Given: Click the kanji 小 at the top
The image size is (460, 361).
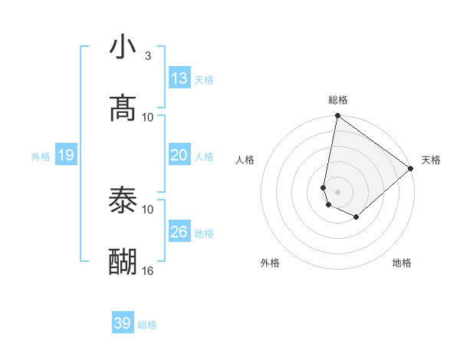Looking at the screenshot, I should click(123, 48).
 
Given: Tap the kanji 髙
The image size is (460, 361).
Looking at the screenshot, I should click(123, 108).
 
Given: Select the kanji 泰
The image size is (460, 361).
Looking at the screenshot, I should click(123, 200).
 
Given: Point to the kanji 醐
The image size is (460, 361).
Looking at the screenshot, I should click(123, 262).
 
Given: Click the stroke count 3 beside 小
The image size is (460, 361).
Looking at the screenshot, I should click(147, 56).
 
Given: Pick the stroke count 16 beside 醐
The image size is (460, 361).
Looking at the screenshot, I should click(148, 270).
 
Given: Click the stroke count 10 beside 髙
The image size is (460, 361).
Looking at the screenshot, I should click(148, 117).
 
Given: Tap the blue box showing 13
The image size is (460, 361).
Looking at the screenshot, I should click(179, 78).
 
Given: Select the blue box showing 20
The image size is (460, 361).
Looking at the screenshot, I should click(179, 155).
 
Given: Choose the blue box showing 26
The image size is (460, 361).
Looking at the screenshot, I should click(179, 232).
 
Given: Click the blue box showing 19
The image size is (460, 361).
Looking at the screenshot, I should click(66, 156).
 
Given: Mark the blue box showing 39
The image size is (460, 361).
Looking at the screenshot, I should click(123, 323).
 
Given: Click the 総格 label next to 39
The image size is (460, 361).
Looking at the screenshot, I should click(147, 325).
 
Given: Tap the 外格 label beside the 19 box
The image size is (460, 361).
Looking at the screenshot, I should click(41, 157).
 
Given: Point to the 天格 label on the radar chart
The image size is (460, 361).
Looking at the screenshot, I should click(431, 161).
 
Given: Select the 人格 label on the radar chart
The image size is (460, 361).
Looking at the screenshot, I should click(245, 161).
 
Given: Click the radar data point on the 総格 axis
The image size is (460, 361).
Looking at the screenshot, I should click(337, 117).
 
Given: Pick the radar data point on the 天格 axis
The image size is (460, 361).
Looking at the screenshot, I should click(411, 168).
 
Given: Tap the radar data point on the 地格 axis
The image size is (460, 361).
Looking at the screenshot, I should click(356, 217).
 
